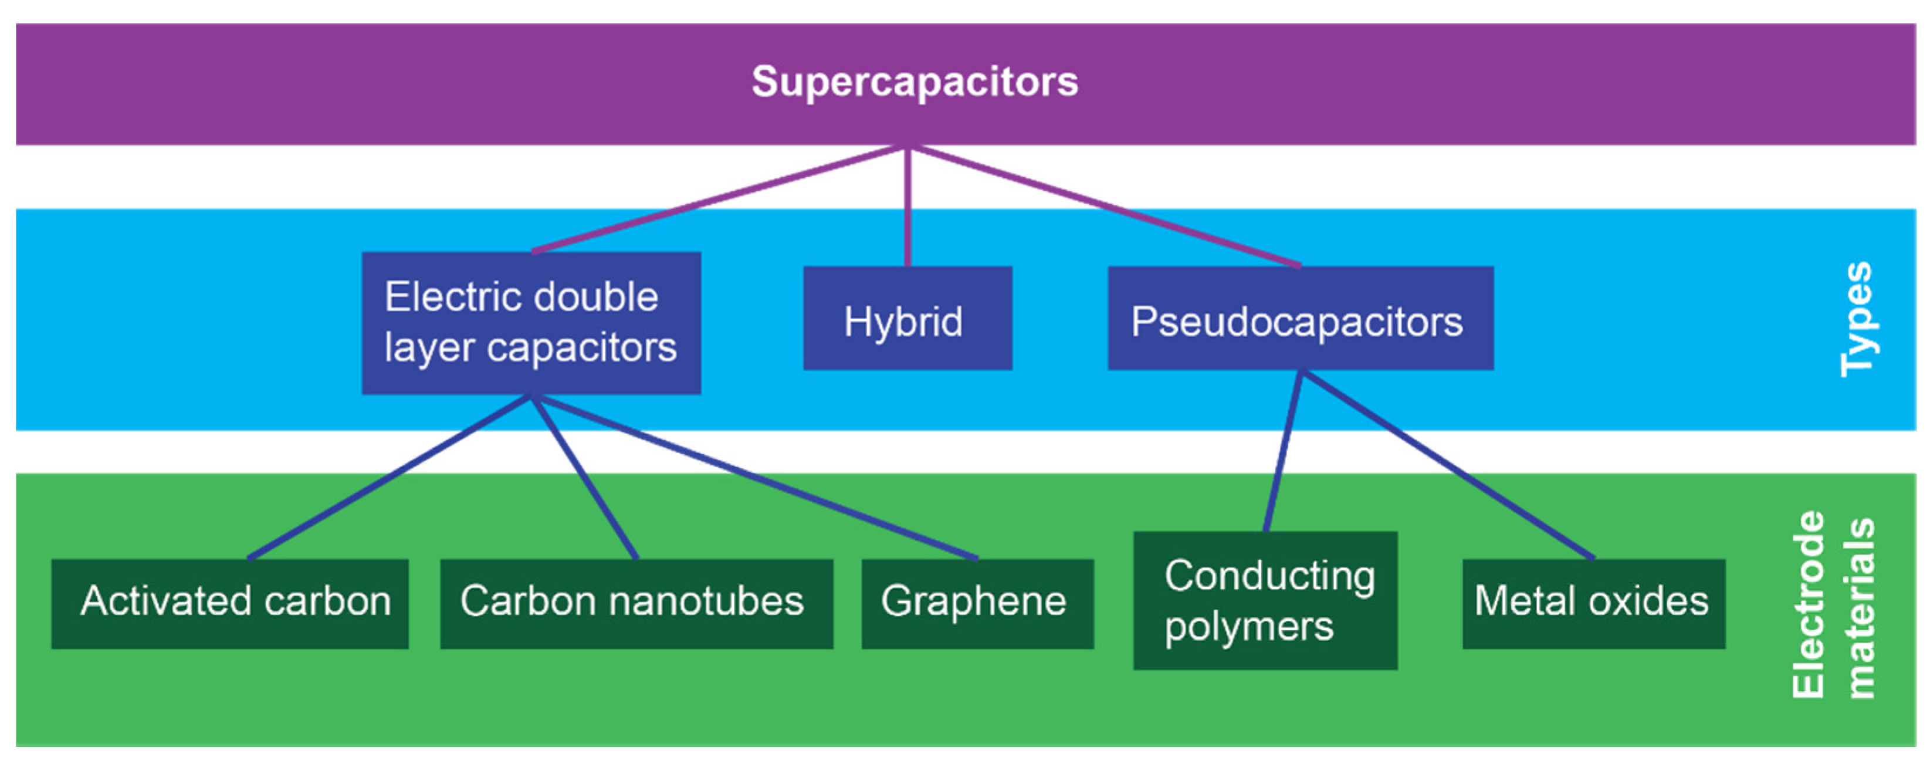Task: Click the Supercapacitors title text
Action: (x=914, y=81)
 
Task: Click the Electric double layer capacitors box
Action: (x=530, y=322)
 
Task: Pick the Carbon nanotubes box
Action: (x=636, y=604)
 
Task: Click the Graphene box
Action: (x=976, y=604)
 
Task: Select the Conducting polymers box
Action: (x=1265, y=600)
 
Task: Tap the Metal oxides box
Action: (x=1593, y=604)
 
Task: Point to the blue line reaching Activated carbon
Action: (x=390, y=477)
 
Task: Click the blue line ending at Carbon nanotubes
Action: (x=584, y=477)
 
